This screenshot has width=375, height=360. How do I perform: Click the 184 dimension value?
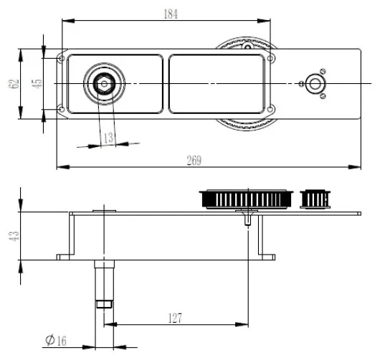[171, 14]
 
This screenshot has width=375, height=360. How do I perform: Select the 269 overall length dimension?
[194, 160]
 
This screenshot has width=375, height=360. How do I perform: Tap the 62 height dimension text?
[14, 83]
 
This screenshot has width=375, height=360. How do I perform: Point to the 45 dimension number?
[37, 84]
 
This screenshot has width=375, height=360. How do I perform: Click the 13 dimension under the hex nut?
[108, 138]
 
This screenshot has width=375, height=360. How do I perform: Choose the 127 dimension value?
[175, 318]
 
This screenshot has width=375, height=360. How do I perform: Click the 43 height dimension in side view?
[14, 236]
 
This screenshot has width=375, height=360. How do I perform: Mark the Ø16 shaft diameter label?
[56, 340]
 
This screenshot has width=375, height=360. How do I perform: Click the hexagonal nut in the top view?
[104, 84]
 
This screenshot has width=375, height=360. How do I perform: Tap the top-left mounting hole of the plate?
[62, 58]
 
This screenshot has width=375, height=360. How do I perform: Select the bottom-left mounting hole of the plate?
[62, 110]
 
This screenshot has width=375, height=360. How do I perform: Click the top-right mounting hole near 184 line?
[270, 58]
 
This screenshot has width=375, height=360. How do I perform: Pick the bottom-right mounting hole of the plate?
[270, 110]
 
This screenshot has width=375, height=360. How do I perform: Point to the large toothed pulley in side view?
[246, 199]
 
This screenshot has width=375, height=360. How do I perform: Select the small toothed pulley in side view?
[315, 199]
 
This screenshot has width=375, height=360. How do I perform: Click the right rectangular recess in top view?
[217, 84]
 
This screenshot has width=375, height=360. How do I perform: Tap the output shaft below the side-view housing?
[104, 284]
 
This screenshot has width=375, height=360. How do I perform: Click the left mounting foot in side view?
[63, 257]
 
